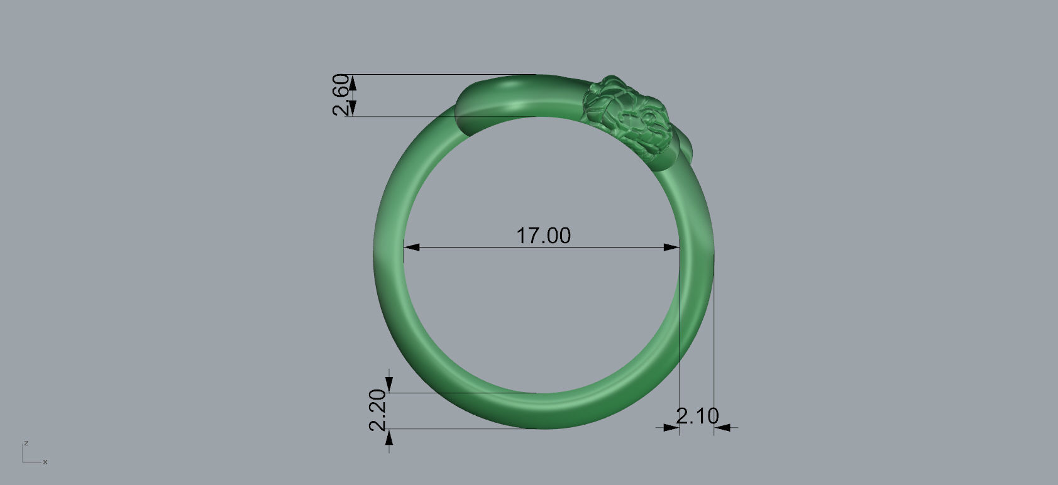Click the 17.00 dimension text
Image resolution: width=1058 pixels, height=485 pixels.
pyautogui.click(x=543, y=236)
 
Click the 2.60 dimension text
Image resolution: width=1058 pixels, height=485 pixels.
pyautogui.click(x=341, y=95)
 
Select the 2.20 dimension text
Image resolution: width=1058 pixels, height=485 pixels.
pyautogui.click(x=377, y=410)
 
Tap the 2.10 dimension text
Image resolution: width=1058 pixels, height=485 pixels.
pyautogui.click(x=697, y=415)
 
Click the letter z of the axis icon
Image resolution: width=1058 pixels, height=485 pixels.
pyautogui.click(x=26, y=443)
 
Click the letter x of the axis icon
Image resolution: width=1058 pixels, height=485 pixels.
pyautogui.click(x=45, y=462)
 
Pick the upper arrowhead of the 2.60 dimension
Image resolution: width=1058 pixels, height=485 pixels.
pyautogui.click(x=352, y=81)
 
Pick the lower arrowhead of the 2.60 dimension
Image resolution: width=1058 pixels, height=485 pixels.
pyautogui.click(x=352, y=109)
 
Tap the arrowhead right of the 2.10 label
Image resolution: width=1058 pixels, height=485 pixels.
pyautogui.click(x=721, y=428)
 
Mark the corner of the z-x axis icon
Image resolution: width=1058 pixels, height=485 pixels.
pyautogui.click(x=23, y=462)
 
